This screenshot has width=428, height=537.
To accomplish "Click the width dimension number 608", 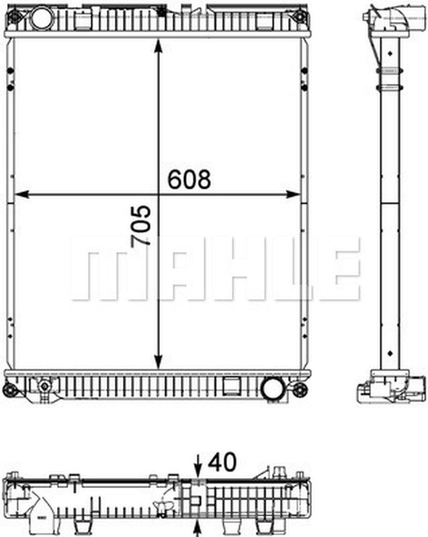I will click(189, 180).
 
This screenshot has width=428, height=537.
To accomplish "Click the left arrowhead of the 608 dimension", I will click(20, 194).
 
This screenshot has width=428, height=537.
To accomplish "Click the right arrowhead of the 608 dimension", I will click(294, 194).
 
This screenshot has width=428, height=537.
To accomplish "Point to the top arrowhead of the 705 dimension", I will click(158, 45).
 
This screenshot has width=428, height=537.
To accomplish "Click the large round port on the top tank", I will click(42, 18).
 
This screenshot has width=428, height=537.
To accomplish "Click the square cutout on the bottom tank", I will click(230, 385).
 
